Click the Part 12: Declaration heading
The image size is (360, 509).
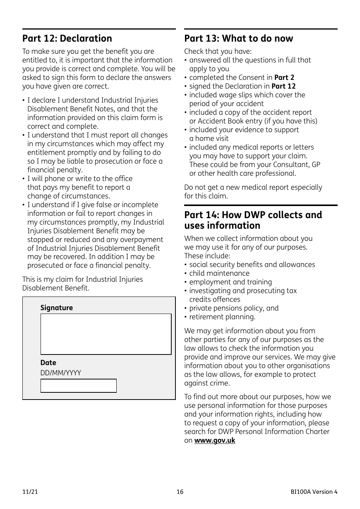[67, 39]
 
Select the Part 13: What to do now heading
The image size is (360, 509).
[238, 39]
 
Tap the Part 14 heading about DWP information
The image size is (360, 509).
[253, 220]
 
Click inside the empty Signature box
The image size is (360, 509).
[106, 334]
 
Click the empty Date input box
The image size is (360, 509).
[78, 386]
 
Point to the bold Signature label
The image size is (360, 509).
[56, 308]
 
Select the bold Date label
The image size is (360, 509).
[48, 362]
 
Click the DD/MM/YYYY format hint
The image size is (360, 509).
[61, 373]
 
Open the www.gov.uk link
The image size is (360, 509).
[214, 440]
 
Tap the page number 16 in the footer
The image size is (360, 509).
[180, 492]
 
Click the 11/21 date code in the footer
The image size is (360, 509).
[30, 492]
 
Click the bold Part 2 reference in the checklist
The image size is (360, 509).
[284, 78]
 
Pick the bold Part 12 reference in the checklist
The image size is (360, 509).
[283, 86]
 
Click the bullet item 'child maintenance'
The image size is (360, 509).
[219, 273]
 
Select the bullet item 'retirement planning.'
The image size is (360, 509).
[222, 317]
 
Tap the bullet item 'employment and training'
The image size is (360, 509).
[230, 282]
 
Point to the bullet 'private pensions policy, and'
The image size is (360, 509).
[234, 308]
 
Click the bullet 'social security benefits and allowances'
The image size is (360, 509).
[252, 265]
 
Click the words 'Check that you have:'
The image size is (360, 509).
[218, 52]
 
